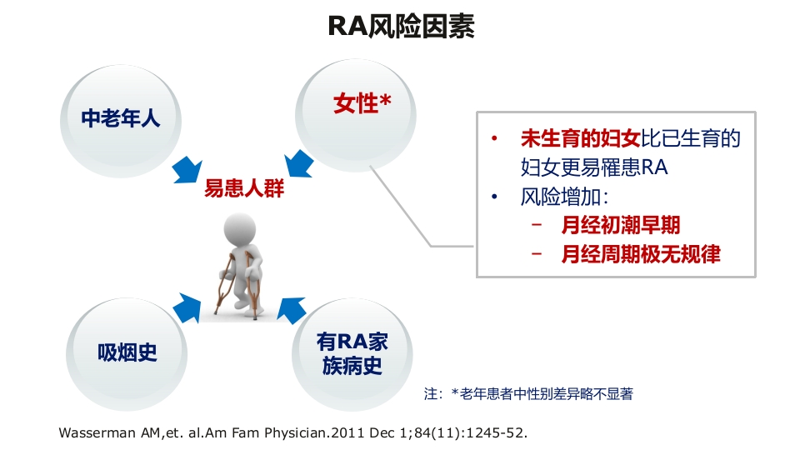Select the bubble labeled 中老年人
(120, 119)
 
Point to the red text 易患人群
(244, 189)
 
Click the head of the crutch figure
(242, 228)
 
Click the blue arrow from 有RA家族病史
(293, 309)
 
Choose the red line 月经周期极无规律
(640, 253)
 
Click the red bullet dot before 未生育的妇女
(496, 138)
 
